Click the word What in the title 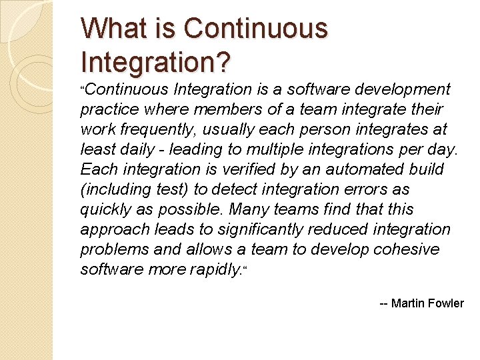click(115, 29)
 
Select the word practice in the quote click(109, 110)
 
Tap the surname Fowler click(447, 303)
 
